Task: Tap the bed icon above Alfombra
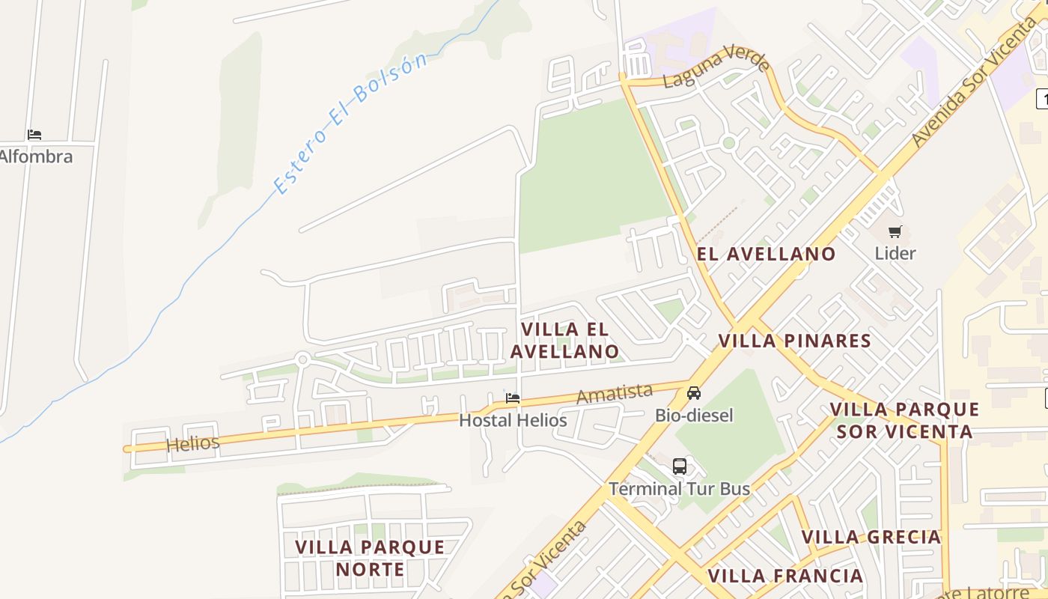34,135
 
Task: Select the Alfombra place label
36,156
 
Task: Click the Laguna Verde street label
716,67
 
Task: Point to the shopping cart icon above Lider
895,232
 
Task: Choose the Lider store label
895,253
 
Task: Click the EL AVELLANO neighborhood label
767,254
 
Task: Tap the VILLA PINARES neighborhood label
795,341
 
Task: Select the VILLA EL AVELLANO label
564,341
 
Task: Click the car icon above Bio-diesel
694,393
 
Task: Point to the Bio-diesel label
694,416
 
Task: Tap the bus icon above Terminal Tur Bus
680,466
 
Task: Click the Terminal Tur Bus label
679,489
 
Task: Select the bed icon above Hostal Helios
513,398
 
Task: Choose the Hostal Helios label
513,420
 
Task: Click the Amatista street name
615,393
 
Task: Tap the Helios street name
193,443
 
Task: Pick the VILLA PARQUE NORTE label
370,558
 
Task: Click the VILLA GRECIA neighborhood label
871,537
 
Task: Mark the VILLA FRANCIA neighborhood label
785,576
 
